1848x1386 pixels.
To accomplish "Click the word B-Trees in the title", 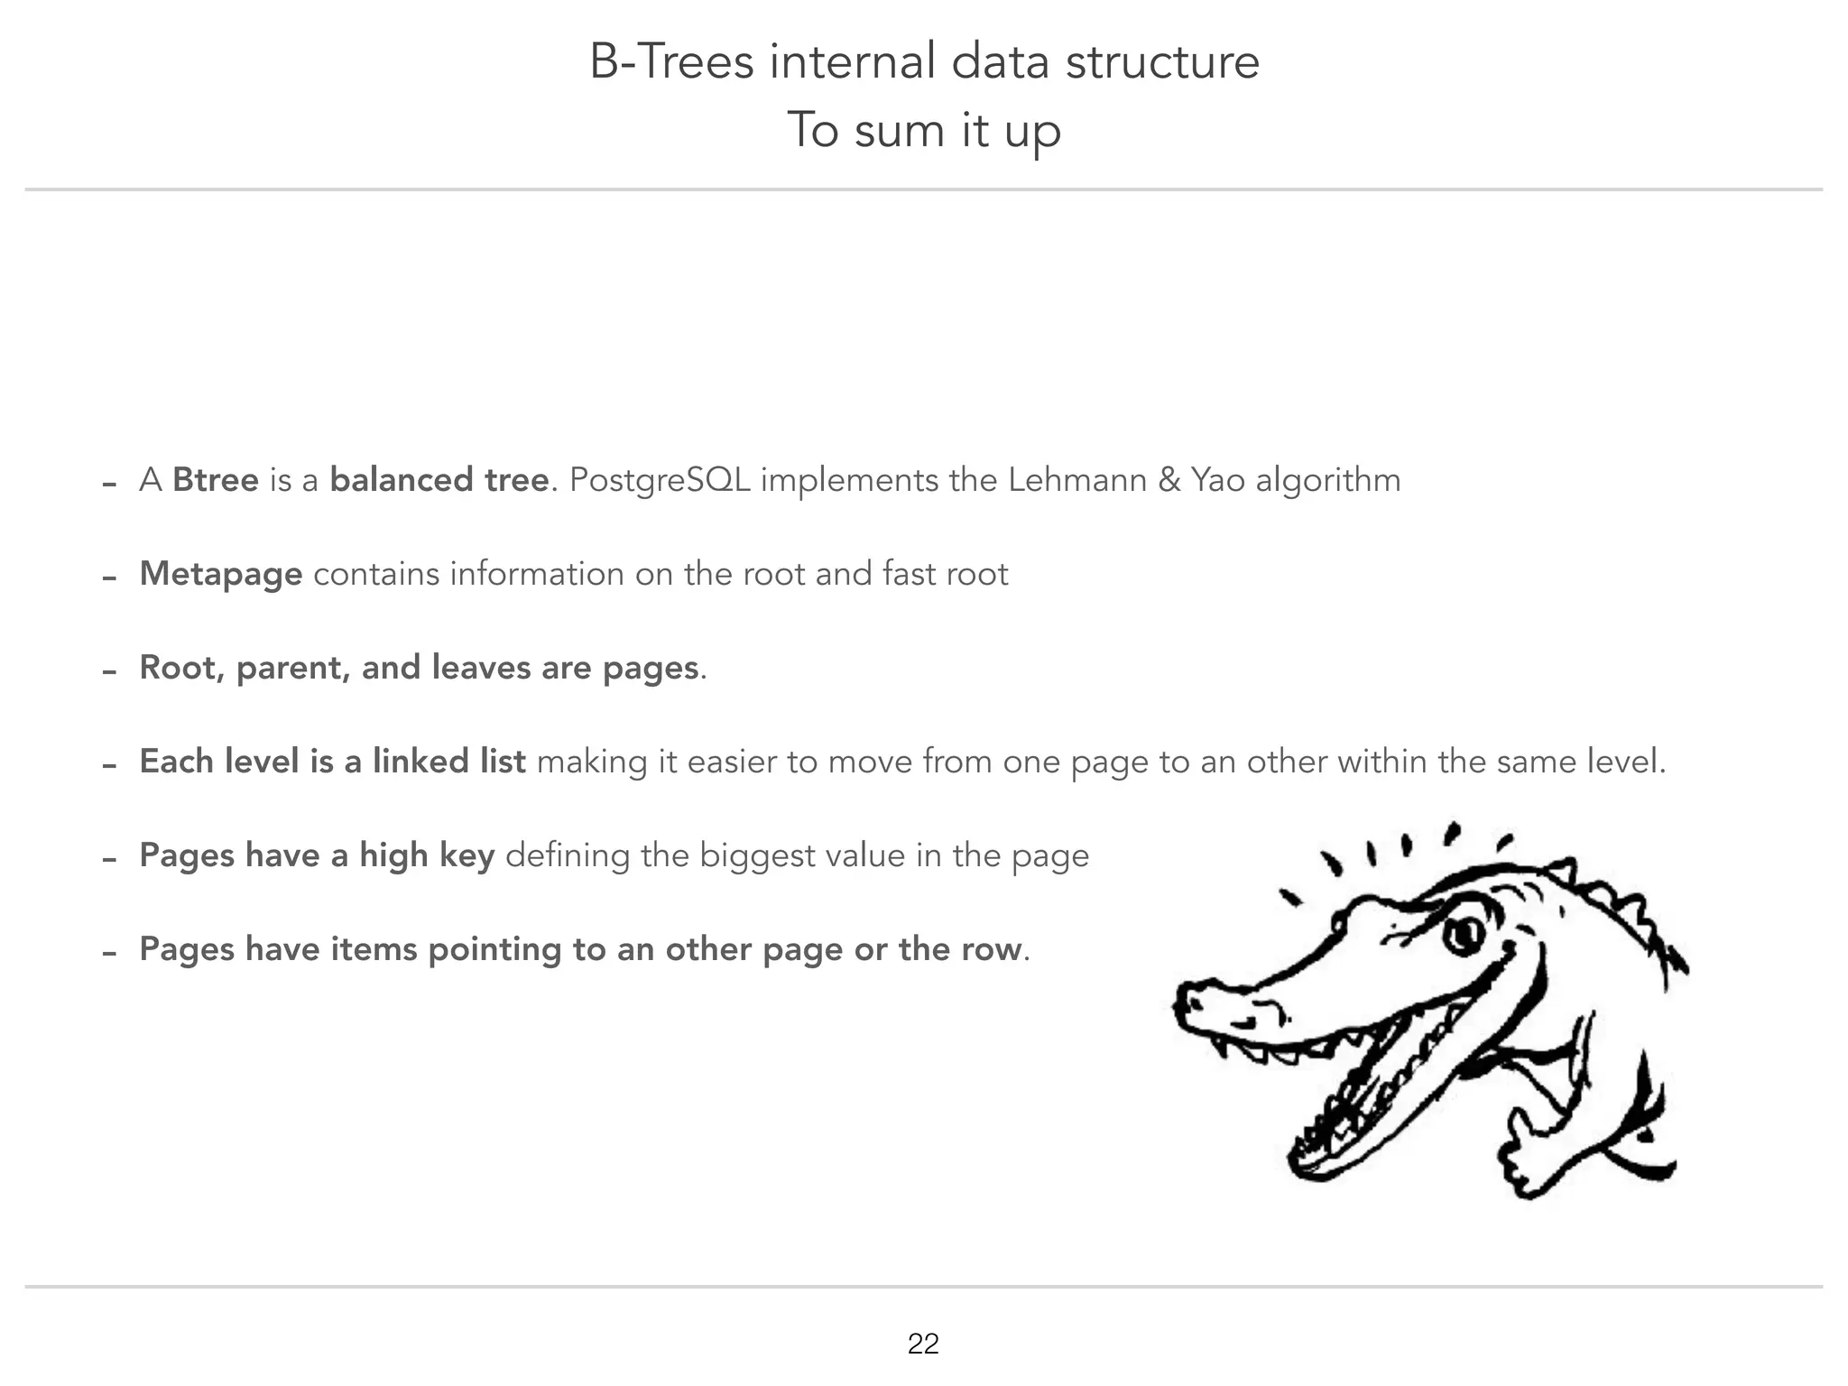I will (x=671, y=62).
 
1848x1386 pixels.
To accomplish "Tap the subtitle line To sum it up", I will (x=923, y=130).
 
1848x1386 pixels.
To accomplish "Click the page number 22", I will (x=923, y=1344).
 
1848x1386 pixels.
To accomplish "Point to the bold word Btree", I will (x=215, y=479).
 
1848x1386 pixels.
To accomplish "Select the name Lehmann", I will (x=1076, y=479).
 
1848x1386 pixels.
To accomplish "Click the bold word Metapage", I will (x=221, y=574).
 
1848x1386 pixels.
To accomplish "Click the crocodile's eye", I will (x=1463, y=934).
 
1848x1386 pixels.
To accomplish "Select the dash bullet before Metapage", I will (x=110, y=577).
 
